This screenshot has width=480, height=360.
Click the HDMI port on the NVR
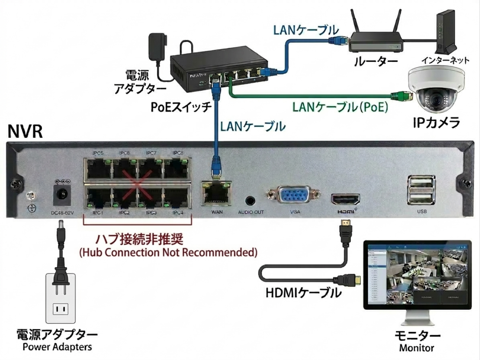(x=345, y=200)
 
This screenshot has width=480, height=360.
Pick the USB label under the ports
(x=422, y=212)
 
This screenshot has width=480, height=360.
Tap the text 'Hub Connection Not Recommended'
(x=168, y=252)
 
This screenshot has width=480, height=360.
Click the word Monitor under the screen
(x=416, y=348)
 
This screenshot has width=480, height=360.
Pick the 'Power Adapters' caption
(x=57, y=347)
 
